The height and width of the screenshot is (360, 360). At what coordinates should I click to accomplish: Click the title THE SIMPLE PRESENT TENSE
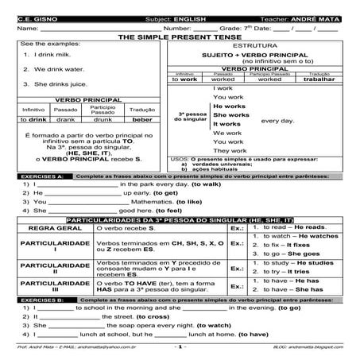click(x=179, y=37)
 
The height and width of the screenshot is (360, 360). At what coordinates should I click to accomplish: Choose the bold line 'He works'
click(x=229, y=106)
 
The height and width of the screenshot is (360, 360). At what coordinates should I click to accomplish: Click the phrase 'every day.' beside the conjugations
click(x=277, y=121)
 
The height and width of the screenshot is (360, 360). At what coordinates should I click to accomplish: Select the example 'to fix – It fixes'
click(x=287, y=246)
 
